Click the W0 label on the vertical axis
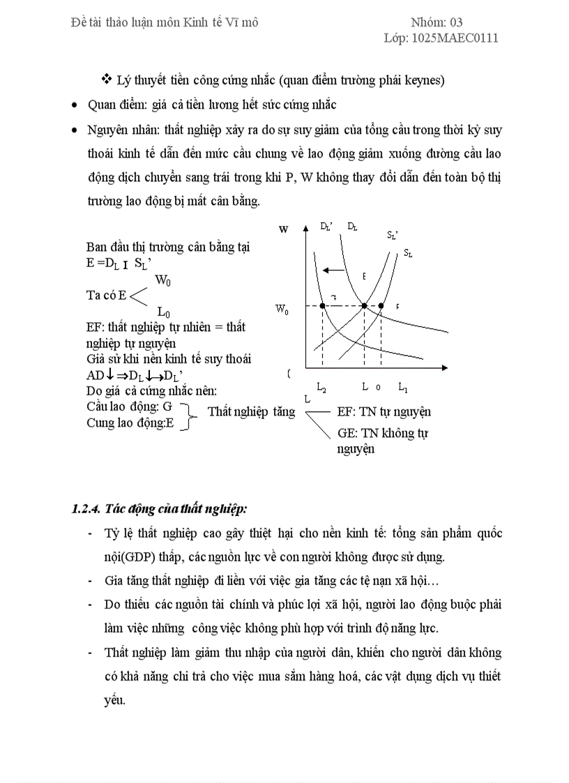(x=282, y=309)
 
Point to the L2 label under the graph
(x=321, y=388)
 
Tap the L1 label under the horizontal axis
(x=403, y=387)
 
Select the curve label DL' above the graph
(x=326, y=226)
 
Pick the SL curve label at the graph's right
(x=408, y=253)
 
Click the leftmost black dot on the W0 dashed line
(x=322, y=306)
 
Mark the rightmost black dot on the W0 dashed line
(x=381, y=306)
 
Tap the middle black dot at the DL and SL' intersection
(x=364, y=306)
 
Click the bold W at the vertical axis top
(x=283, y=229)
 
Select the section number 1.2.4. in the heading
(x=86, y=508)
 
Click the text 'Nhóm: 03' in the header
(x=437, y=22)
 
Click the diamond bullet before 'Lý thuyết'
(x=107, y=79)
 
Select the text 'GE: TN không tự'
(x=382, y=433)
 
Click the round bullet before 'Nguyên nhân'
(x=75, y=130)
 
